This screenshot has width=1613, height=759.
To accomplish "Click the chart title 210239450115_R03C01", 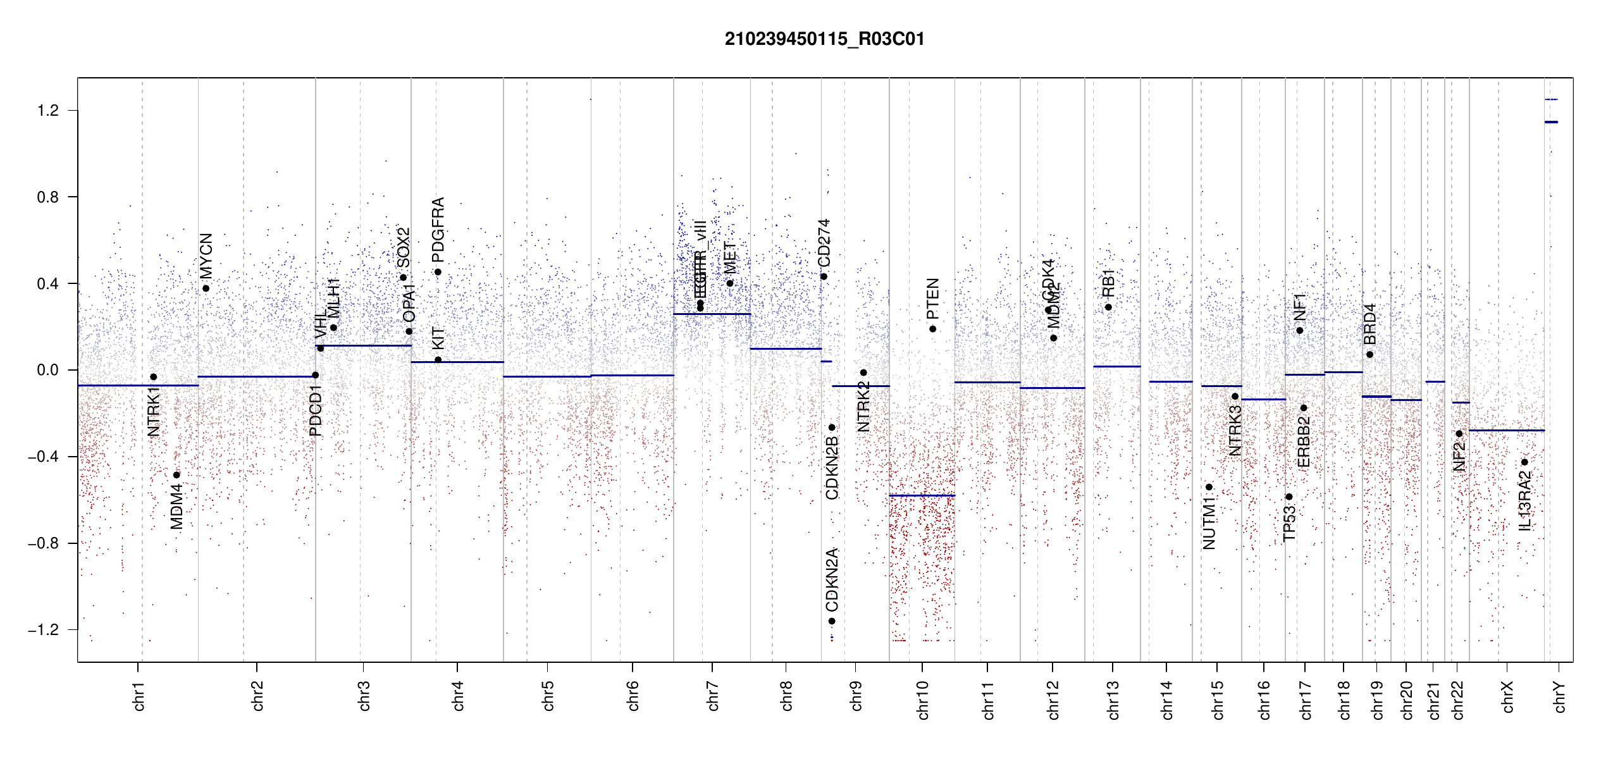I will pyautogui.click(x=824, y=39).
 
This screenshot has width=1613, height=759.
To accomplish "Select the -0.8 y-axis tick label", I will pyautogui.click(x=44, y=543).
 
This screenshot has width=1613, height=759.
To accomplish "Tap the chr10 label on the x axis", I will pyautogui.click(x=923, y=700).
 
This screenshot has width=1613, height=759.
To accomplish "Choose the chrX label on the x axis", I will pyautogui.click(x=1507, y=696).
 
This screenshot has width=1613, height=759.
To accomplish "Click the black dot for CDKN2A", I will pyautogui.click(x=832, y=621).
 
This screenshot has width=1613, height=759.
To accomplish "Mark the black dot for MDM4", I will pyautogui.click(x=176, y=475).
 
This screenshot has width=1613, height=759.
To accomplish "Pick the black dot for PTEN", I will pyautogui.click(x=932, y=329).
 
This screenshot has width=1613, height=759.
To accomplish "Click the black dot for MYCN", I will pyautogui.click(x=206, y=288).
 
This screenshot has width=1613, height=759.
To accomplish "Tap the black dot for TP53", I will pyautogui.click(x=1289, y=497).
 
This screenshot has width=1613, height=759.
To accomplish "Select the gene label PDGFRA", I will pyautogui.click(x=438, y=230).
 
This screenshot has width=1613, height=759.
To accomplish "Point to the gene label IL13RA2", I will pyautogui.click(x=1525, y=501).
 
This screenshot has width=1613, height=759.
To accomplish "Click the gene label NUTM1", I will pyautogui.click(x=1209, y=523).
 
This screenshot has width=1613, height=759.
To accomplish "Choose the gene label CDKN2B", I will pyautogui.click(x=832, y=467).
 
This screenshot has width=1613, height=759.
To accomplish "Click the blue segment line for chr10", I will pyautogui.click(x=922, y=495).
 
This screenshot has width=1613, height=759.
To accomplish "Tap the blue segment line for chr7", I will pyautogui.click(x=712, y=314).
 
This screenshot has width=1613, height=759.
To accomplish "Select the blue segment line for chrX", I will pyautogui.click(x=1506, y=431).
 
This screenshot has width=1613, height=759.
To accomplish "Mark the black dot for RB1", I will pyautogui.click(x=1108, y=307).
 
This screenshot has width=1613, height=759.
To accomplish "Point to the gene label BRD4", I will pyautogui.click(x=1369, y=324).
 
